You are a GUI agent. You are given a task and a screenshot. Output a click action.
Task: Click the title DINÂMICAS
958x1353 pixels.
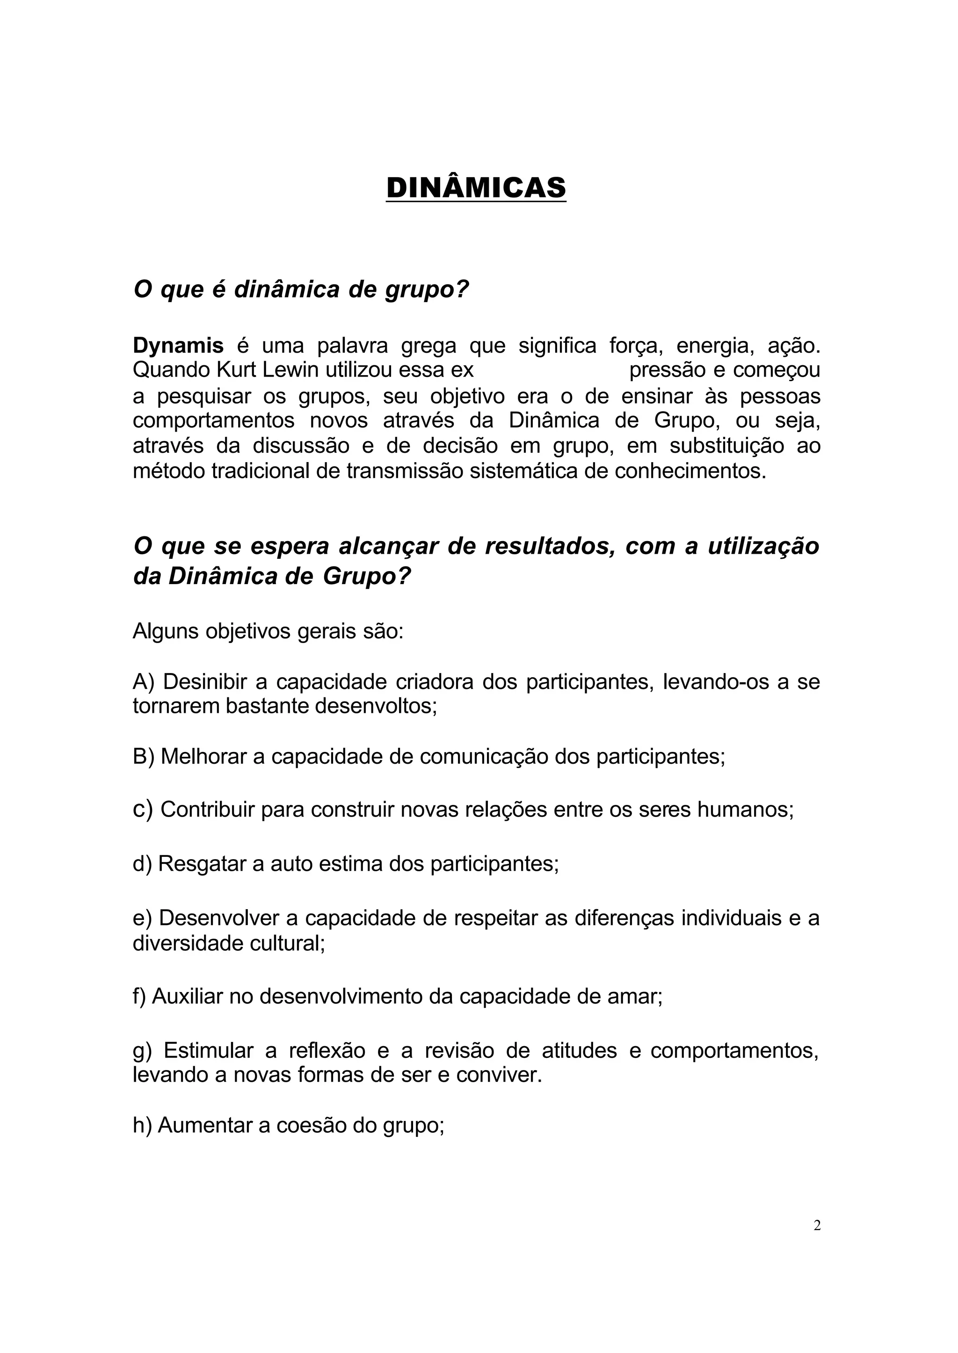(476, 188)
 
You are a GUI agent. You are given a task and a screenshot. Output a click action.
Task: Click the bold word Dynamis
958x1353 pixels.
(178, 346)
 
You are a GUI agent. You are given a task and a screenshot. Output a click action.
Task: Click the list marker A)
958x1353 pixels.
(143, 682)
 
